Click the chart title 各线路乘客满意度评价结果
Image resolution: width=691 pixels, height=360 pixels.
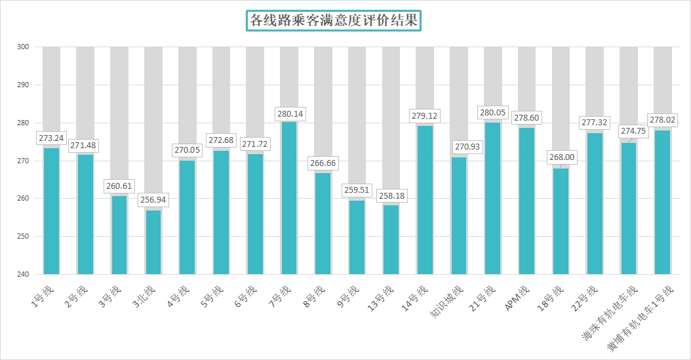(334, 20)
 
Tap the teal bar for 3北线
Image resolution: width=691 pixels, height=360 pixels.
(153, 242)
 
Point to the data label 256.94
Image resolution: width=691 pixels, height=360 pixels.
(154, 199)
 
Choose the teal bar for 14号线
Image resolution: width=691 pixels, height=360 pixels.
(425, 200)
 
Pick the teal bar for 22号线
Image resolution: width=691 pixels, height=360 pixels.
(595, 203)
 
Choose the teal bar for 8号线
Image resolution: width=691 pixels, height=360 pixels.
(323, 224)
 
